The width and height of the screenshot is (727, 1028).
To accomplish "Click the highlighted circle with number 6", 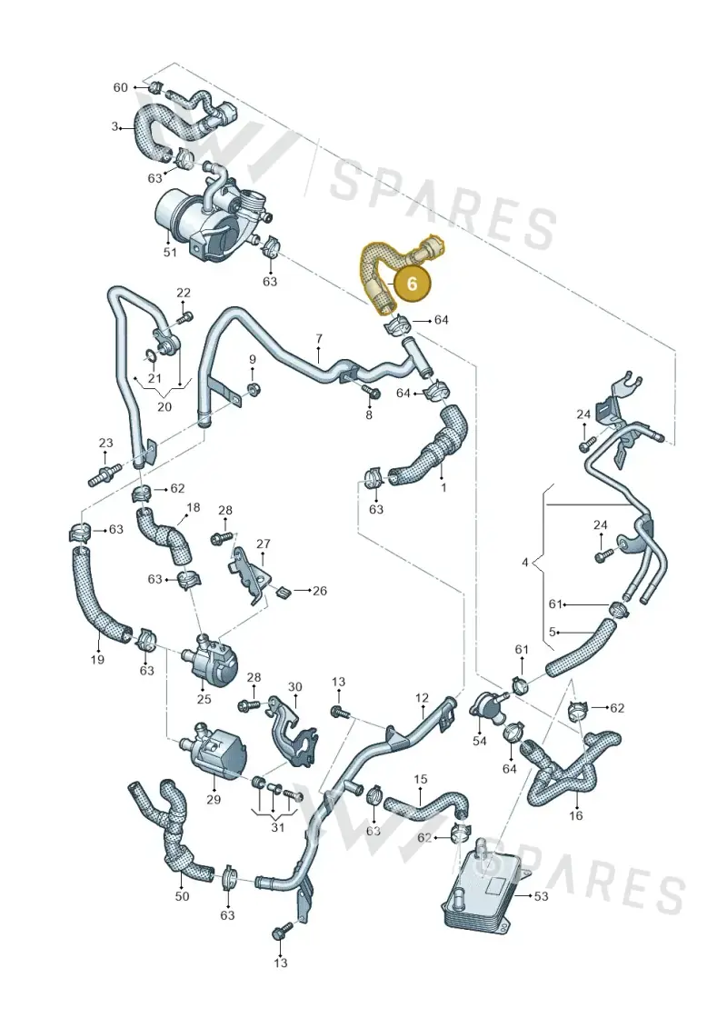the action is click(x=412, y=284).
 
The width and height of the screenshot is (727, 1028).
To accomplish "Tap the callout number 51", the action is click(x=170, y=252).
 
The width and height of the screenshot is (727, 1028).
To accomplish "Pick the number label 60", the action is click(x=121, y=87).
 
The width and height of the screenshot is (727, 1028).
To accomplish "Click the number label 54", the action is click(x=480, y=740).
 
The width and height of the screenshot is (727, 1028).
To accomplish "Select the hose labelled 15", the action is click(x=427, y=803).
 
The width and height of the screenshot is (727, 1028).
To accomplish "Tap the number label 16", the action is click(x=575, y=815).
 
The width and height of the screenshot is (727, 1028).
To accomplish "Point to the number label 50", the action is click(x=183, y=895).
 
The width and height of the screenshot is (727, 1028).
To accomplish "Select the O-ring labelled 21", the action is click(x=150, y=356).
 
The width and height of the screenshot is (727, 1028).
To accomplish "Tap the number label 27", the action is click(x=263, y=544).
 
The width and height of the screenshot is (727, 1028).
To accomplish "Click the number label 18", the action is click(x=193, y=507).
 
